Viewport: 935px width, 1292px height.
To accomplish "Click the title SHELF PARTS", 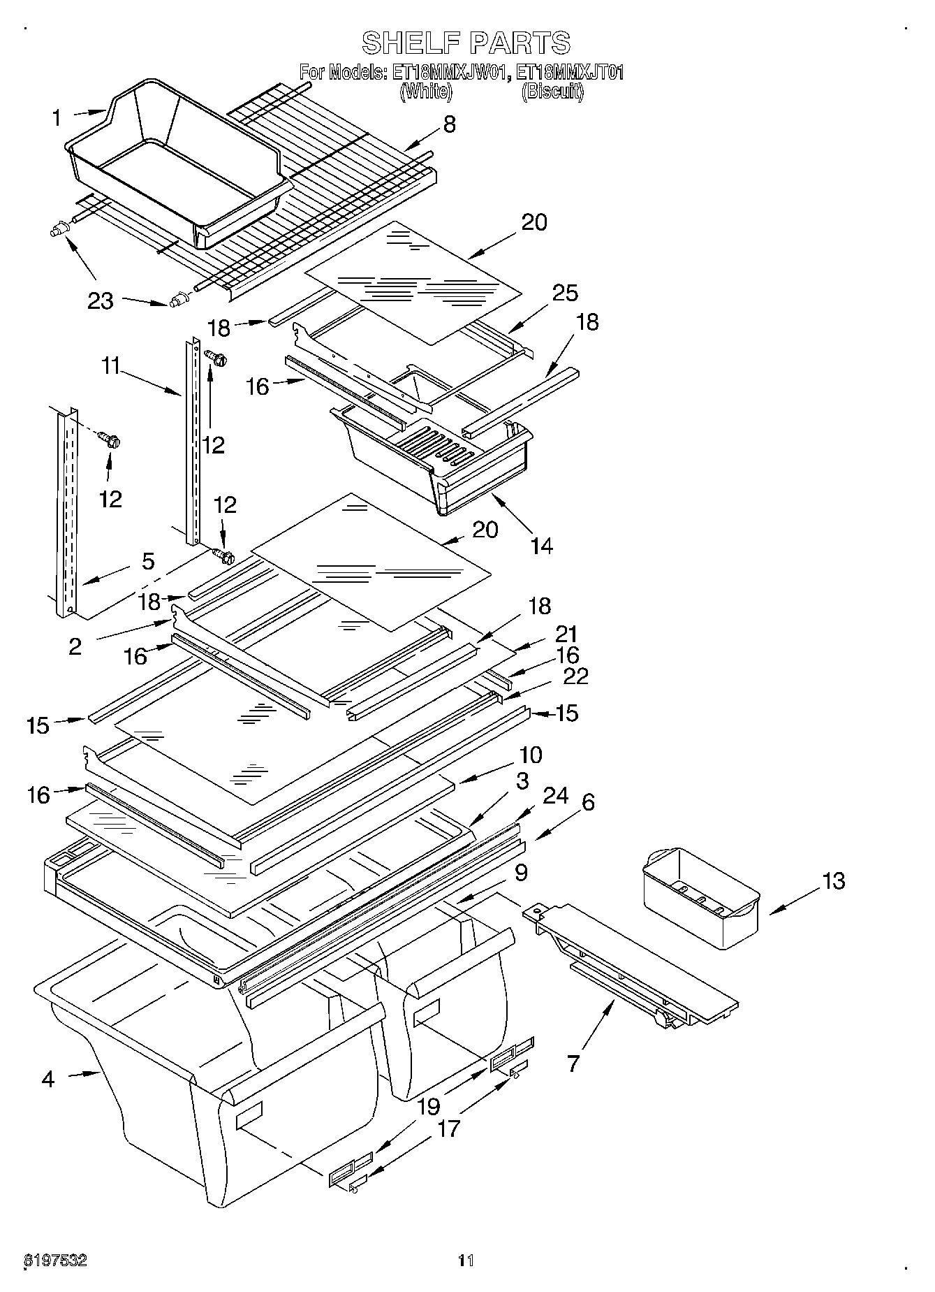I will tap(466, 43).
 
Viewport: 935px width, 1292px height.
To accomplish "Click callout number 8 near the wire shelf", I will tap(449, 124).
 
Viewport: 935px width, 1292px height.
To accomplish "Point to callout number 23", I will tap(100, 301).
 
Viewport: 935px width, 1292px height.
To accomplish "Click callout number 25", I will tap(564, 293).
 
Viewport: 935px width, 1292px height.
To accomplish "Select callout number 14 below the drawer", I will tap(541, 546).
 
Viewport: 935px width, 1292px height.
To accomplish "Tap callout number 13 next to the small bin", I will tap(833, 881).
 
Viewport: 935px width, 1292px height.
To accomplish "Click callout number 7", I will tap(573, 1064).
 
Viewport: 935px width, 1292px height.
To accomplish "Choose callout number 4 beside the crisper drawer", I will tap(47, 1079).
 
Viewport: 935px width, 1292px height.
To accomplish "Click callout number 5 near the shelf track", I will tap(148, 562).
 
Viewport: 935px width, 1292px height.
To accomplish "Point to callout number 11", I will tap(111, 365).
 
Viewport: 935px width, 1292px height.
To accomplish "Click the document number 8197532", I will tap(56, 1261).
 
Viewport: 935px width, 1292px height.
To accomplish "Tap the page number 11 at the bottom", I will tap(466, 1261).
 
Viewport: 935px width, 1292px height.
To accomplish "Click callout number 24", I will tap(556, 796).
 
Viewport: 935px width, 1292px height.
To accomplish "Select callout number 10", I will tap(530, 755).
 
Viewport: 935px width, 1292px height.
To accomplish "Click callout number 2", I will tap(75, 646).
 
